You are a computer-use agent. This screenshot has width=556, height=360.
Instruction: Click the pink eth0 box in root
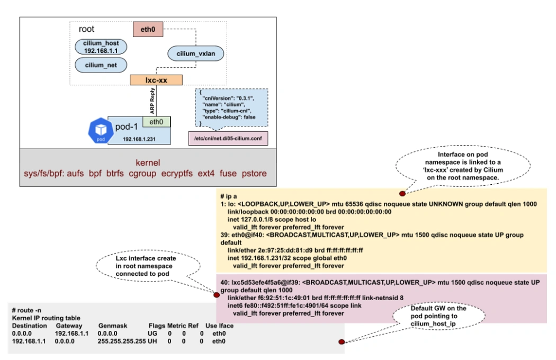click(148, 30)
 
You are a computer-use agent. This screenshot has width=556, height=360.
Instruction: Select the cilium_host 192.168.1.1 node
click(101, 47)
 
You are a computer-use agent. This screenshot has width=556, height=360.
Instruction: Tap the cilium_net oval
click(101, 65)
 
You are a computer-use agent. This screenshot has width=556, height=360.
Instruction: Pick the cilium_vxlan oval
click(196, 53)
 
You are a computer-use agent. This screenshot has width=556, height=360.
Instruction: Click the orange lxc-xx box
click(156, 80)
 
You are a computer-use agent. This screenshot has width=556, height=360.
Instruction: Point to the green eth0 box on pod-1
click(156, 122)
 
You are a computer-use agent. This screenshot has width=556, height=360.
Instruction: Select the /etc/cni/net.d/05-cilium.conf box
click(228, 138)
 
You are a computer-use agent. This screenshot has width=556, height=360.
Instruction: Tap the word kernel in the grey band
click(148, 163)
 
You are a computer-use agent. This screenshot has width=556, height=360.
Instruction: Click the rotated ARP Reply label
click(153, 101)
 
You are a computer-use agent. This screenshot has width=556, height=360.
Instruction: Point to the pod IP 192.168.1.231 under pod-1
click(139, 139)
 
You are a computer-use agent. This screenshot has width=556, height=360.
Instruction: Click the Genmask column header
click(112, 326)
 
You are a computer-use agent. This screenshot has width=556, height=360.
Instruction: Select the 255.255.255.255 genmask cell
click(122, 341)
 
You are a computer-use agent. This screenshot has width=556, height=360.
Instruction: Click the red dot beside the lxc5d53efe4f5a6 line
click(217, 295)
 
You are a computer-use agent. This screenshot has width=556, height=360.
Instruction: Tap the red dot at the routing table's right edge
click(342, 341)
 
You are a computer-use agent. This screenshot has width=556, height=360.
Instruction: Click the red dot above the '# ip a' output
click(402, 194)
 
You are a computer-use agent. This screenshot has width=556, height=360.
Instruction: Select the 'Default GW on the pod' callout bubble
click(438, 316)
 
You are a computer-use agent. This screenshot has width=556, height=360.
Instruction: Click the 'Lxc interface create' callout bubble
click(148, 266)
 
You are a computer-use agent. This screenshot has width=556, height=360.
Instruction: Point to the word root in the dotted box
click(86, 29)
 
